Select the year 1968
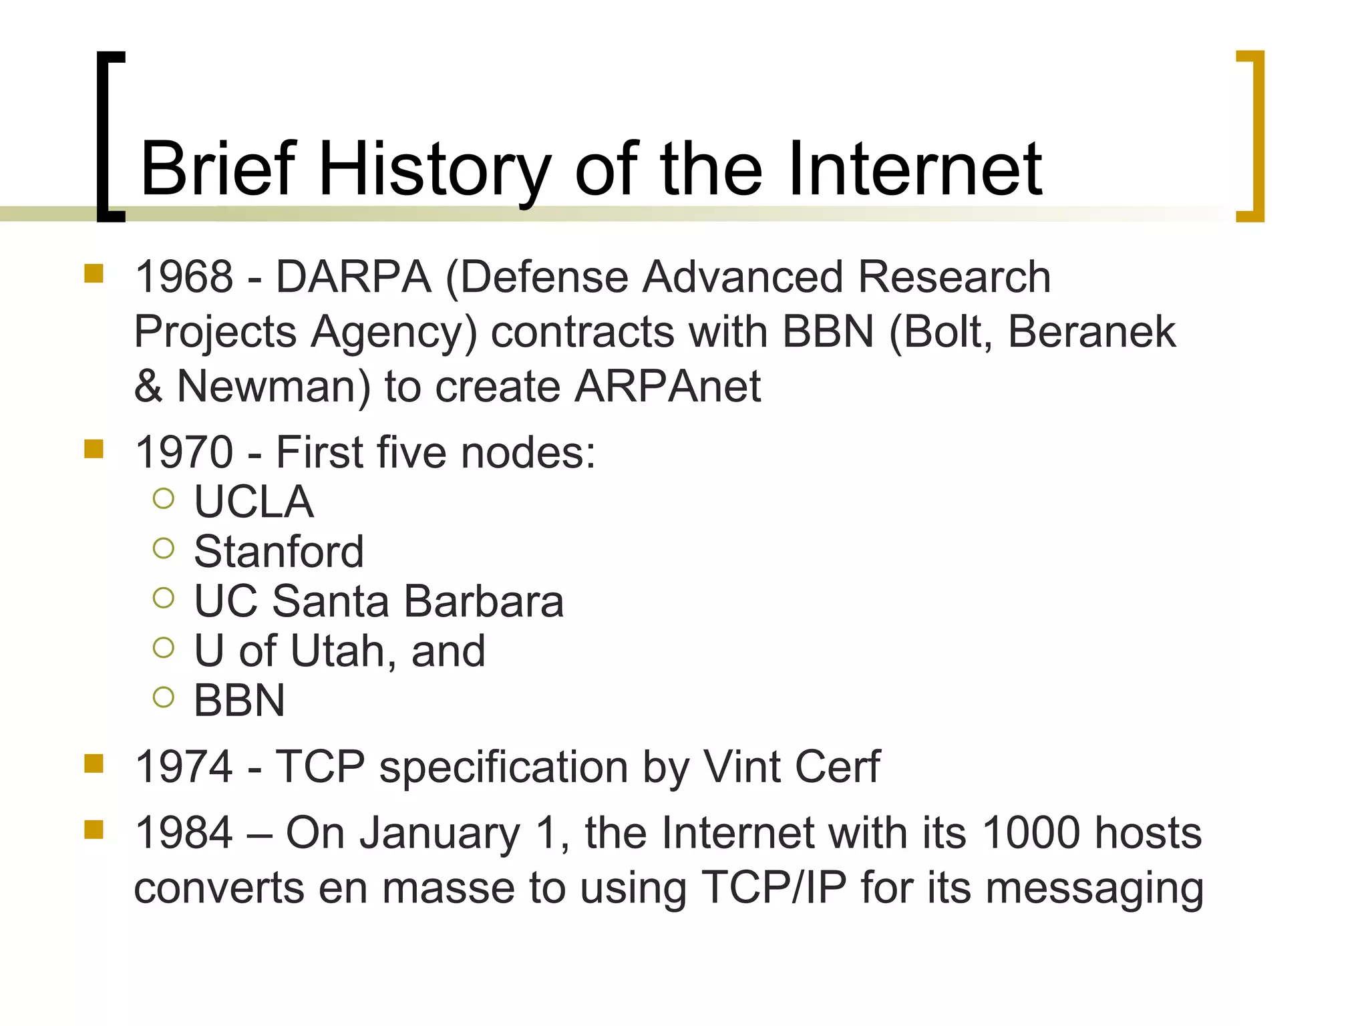[184, 277]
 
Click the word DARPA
[353, 277]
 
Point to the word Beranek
[1091, 331]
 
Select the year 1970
[184, 452]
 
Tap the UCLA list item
[254, 502]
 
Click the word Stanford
[279, 552]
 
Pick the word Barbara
[484, 601]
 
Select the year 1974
[184, 766]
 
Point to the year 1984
[184, 833]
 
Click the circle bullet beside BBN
[163, 697]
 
